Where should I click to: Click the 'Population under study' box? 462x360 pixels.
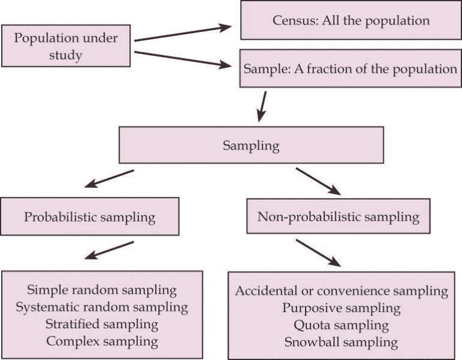pyautogui.click(x=66, y=46)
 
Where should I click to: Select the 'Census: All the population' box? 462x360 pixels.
pyautogui.click(x=351, y=21)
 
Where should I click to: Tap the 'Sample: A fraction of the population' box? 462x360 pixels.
pyautogui.click(x=351, y=68)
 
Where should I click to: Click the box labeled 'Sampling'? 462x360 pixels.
pyautogui.click(x=251, y=145)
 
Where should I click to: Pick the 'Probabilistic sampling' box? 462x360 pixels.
pyautogui.click(x=90, y=217)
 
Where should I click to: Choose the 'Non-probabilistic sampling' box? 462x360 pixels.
pyautogui.click(x=339, y=216)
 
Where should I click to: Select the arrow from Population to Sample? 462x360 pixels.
pyautogui.click(x=183, y=60)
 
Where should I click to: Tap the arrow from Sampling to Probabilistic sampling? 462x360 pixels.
pyautogui.click(x=110, y=179)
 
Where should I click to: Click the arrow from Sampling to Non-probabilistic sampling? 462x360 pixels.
pyautogui.click(x=318, y=181)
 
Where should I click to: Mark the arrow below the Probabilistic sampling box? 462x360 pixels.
pyautogui.click(x=109, y=250)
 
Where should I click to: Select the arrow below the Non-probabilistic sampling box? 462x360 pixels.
pyautogui.click(x=318, y=252)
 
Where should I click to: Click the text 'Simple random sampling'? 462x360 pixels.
pyautogui.click(x=102, y=290)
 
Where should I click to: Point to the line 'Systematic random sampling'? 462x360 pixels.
pyautogui.click(x=102, y=308)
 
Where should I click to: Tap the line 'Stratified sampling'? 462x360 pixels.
pyautogui.click(x=102, y=325)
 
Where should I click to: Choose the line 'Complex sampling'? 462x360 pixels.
pyautogui.click(x=102, y=342)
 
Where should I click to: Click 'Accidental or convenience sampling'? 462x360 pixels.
pyautogui.click(x=342, y=291)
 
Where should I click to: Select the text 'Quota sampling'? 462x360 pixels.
pyautogui.click(x=342, y=326)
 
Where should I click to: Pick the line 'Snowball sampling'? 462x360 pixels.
pyautogui.click(x=342, y=343)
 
